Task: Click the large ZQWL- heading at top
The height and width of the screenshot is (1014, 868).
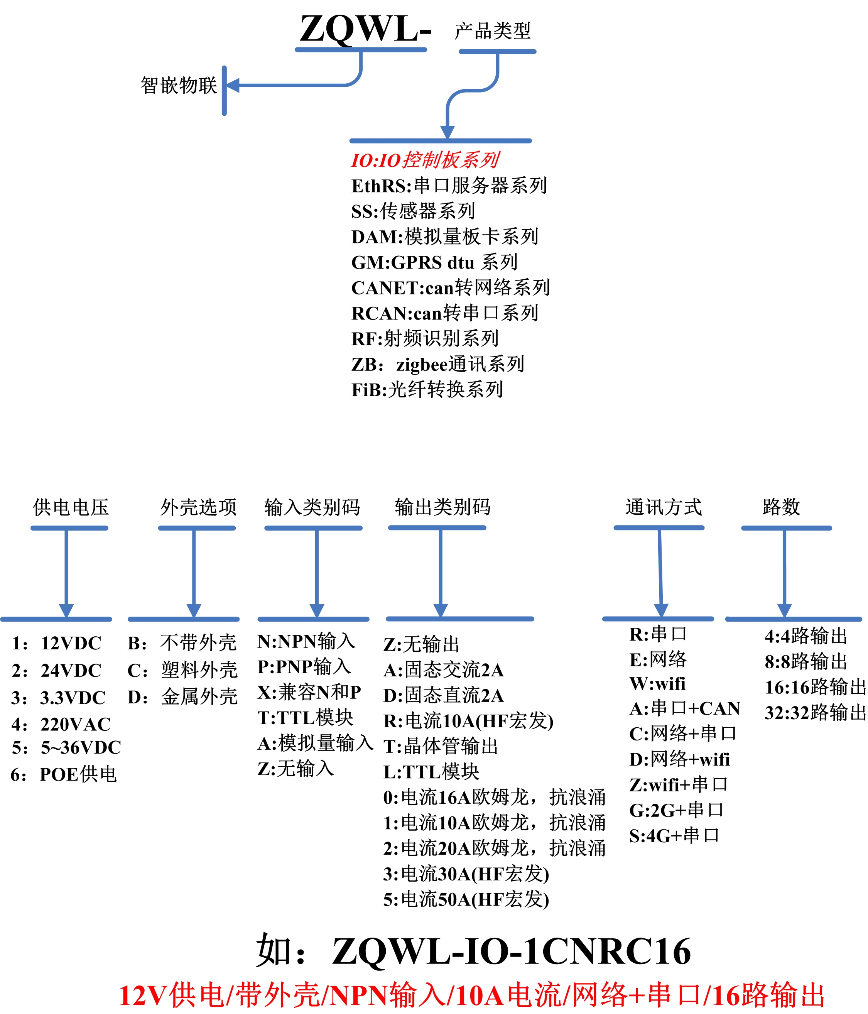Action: tap(365, 29)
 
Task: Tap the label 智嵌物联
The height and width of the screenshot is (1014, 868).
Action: tap(179, 86)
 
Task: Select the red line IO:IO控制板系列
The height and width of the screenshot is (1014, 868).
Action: tap(425, 160)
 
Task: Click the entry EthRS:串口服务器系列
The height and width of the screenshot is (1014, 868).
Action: tap(449, 186)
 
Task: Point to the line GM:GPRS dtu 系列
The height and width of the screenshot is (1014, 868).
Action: tap(434, 262)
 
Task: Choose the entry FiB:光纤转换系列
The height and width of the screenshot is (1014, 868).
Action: tap(427, 390)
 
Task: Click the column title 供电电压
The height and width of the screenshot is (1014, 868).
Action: tap(71, 507)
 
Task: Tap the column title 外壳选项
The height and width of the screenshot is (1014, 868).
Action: tap(198, 507)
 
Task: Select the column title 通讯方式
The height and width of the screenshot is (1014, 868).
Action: tap(663, 507)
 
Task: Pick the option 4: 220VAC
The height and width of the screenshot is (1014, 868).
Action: tap(61, 724)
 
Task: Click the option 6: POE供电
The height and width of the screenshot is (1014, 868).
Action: tap(64, 775)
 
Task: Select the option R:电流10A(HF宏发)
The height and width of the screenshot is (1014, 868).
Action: tap(468, 721)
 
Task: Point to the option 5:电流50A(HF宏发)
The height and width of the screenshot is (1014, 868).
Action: tap(466, 899)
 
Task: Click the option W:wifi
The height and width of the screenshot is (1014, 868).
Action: tap(657, 684)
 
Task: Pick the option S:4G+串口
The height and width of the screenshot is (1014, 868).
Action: tap(674, 836)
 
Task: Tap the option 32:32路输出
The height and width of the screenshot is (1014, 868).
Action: tap(815, 713)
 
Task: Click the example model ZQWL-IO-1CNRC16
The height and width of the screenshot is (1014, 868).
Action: tap(511, 952)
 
